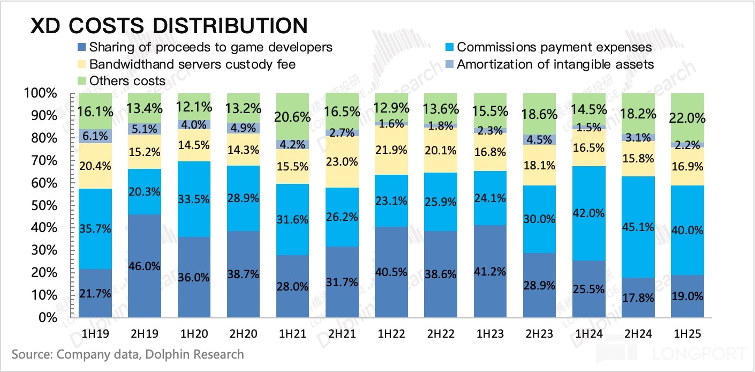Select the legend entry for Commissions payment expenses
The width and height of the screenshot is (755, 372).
point(554,47)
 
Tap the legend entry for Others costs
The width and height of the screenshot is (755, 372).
point(127,81)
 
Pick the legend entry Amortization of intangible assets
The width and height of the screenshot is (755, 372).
point(555,64)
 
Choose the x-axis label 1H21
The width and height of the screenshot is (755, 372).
point(292,333)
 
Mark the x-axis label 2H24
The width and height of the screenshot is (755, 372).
point(638,333)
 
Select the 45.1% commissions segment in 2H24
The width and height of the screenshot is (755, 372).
point(638,227)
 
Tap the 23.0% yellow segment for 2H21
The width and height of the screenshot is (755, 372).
point(342,162)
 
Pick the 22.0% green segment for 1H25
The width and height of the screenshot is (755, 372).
point(687,118)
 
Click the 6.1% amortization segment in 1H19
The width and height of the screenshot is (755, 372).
point(95,136)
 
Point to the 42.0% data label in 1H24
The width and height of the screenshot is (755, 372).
point(588,213)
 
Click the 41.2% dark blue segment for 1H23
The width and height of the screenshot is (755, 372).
point(490,271)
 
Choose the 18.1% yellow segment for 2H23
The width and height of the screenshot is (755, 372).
point(539,165)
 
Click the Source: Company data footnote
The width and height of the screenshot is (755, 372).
point(127,354)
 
